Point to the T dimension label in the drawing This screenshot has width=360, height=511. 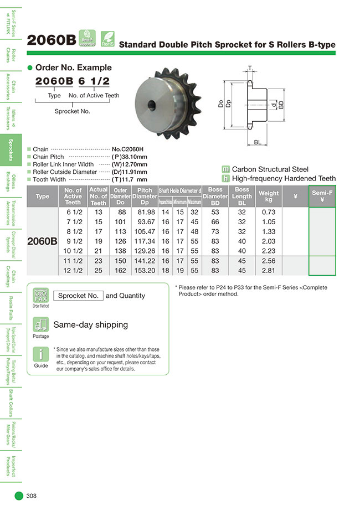pyautogui.click(x=250, y=68)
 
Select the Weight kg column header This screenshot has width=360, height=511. pyautogui.click(x=269, y=196)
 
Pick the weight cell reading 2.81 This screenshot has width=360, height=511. pyautogui.click(x=269, y=271)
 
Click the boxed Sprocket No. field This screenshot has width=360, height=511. pyautogui.click(x=79, y=296)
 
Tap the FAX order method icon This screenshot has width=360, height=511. pyautogui.click(x=41, y=295)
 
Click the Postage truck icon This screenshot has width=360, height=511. pyautogui.click(x=40, y=325)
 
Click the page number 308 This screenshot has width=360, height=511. pyautogui.click(x=31, y=496)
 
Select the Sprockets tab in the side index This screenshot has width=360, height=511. pyautogui.click(x=11, y=149)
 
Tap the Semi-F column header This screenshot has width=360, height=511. pyautogui.click(x=322, y=196)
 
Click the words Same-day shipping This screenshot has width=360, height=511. pyautogui.click(x=90, y=325)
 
